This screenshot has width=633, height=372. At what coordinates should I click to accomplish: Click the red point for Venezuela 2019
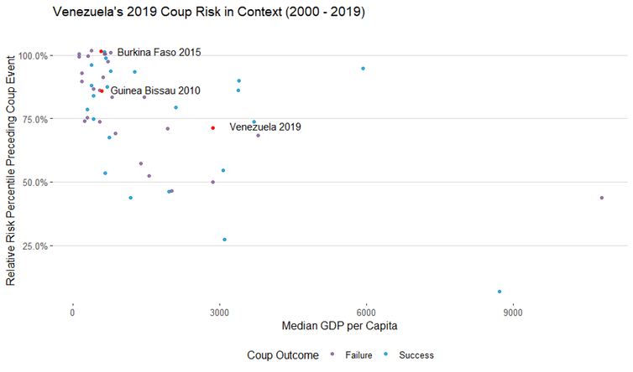pos(213,128)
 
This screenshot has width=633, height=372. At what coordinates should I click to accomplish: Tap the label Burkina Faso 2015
pos(159,53)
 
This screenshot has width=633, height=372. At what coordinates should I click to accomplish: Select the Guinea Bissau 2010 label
pos(155,90)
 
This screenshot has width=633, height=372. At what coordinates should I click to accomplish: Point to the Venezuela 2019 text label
pos(264,127)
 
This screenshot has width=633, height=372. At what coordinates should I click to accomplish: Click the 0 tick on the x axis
pos(73,313)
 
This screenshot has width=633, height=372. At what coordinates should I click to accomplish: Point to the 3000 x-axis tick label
pos(219,313)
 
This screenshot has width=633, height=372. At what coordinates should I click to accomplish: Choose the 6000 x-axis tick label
pos(366,313)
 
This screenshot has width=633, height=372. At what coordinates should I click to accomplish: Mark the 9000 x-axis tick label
pos(512,313)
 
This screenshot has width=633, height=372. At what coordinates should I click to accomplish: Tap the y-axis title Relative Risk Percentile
pos(12,171)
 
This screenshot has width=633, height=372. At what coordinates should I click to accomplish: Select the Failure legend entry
pos(356,355)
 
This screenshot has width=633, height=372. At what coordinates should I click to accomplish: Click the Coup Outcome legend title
pos(283,355)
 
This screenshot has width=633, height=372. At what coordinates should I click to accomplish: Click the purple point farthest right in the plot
pos(602,198)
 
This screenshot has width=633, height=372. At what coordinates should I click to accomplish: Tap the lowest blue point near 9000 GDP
pos(500,292)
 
